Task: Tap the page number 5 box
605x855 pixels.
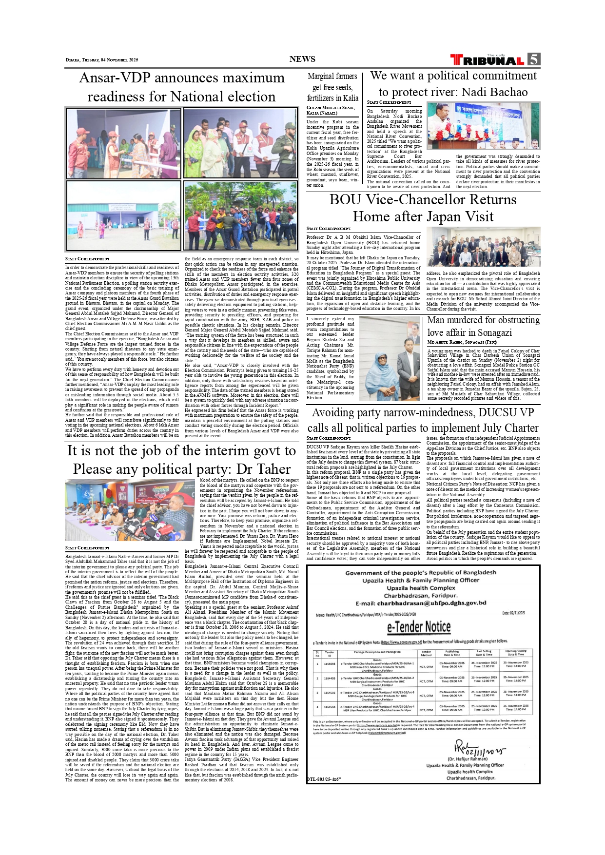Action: pyautogui.click(x=534, y=59)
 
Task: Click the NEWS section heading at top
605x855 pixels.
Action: pyautogui.click(x=302, y=59)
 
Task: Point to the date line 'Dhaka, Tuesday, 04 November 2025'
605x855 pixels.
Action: pyautogui.click(x=102, y=60)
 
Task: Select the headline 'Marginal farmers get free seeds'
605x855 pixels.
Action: pyautogui.click(x=332, y=87)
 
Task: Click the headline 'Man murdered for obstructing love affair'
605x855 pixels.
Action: pyautogui.click(x=483, y=326)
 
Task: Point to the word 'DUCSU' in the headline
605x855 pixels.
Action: pyautogui.click(x=498, y=412)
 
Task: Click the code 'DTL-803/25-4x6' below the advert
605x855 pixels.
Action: pyautogui.click(x=324, y=779)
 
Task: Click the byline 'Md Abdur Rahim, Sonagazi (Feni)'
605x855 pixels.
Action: pyautogui.click(x=462, y=343)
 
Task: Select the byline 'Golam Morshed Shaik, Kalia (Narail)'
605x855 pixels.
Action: pyautogui.click(x=331, y=110)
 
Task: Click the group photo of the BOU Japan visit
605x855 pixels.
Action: pyautogui.click(x=483, y=247)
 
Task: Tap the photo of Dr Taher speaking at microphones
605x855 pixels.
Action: pyautogui.click(x=130, y=510)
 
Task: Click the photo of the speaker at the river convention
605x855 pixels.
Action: pyautogui.click(x=483, y=126)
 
